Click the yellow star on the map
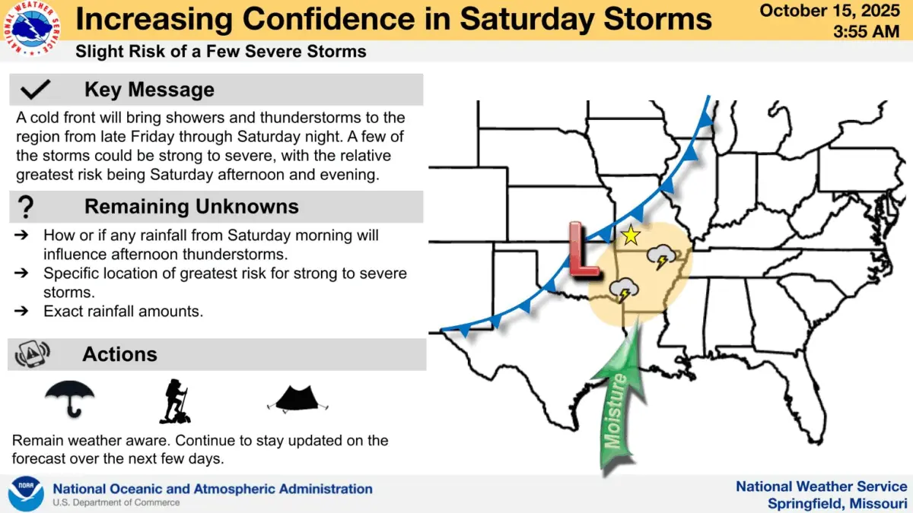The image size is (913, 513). pos(630,236)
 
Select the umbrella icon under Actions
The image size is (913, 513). pos(70,398)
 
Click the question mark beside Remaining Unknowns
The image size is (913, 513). pos(27,207)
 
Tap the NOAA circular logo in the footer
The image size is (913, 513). pos(26,493)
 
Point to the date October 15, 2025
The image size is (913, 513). pos(834,11)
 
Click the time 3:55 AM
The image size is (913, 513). pos(870,32)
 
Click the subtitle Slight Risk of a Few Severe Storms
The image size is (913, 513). pos(221,52)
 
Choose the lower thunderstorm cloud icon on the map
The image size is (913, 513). pos(624,290)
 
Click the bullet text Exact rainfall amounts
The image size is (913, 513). pos(123,311)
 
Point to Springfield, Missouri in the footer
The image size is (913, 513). pos(837,503)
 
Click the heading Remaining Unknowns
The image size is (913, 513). pos(191,207)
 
